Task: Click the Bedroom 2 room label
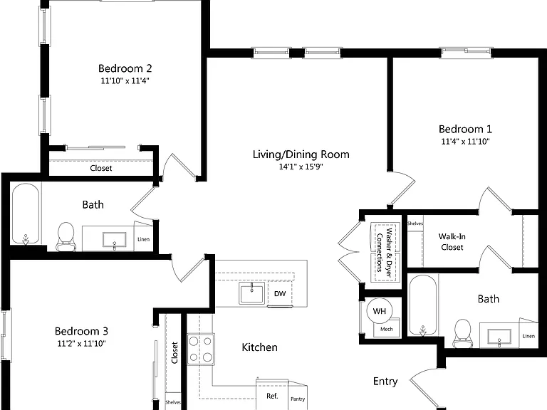125,68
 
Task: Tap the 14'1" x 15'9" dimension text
301,167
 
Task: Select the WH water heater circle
379,311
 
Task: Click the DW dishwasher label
280,294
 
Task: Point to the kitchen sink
252,293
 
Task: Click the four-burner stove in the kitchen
201,349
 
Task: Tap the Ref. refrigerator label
272,396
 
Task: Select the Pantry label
298,399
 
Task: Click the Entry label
385,382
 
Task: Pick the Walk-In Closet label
452,241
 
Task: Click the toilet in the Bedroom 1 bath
462,333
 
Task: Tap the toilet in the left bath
66,236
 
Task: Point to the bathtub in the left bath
26,214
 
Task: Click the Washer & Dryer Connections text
385,253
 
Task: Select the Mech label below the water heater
386,329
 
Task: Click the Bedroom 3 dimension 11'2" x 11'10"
81,344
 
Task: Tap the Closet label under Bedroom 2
101,168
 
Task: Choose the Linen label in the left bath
143,239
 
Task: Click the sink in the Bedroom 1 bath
499,337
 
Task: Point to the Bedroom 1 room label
465,129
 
